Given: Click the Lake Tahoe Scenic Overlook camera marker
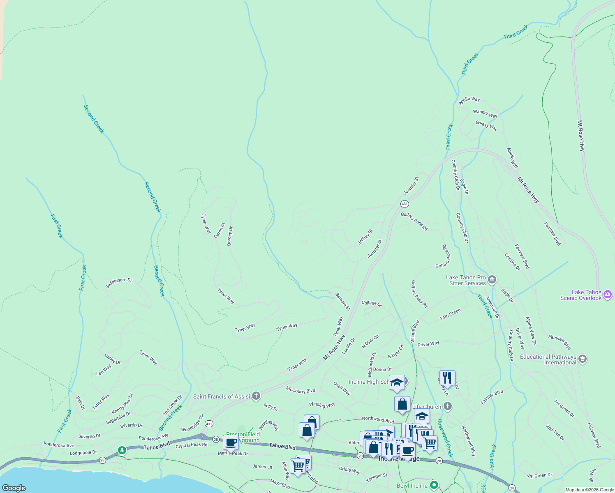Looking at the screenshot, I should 608,295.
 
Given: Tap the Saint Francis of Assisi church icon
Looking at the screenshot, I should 256,396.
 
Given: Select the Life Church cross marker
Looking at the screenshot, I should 448,406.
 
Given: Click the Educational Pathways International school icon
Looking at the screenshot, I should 582,359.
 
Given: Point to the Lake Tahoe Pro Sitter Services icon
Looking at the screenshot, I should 492,280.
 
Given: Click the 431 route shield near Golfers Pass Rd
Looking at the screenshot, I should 405,204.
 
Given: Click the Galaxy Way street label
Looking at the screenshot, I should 486,126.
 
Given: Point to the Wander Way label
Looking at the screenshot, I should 485,113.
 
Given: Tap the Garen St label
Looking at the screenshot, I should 219,230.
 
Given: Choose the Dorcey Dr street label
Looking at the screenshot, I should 230,236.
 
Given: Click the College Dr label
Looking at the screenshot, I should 372,303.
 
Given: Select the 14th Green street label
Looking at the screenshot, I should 450,315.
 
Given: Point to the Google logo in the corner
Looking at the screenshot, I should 14,488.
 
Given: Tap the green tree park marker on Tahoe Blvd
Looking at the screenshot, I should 122,451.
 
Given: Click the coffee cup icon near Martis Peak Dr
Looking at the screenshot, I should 231,442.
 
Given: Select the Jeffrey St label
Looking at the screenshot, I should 365,237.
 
